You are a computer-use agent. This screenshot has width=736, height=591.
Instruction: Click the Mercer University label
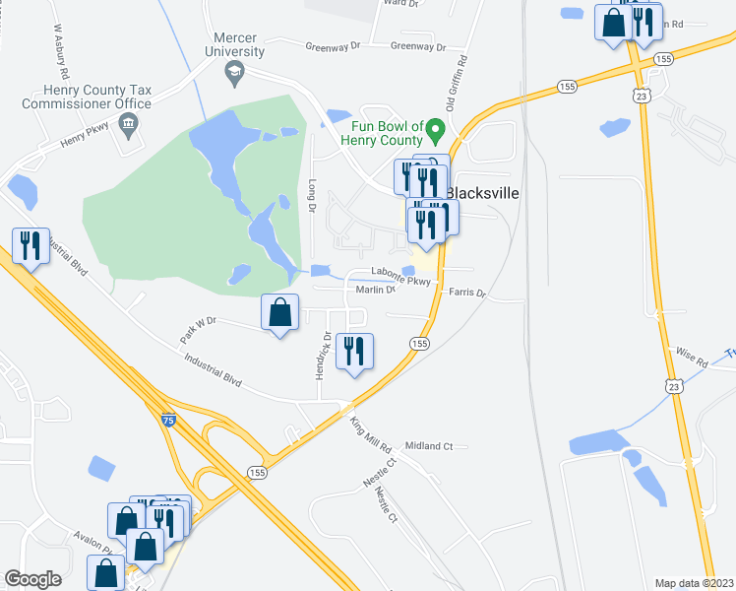tap(233, 43)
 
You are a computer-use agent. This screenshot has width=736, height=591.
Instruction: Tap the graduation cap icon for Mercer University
tap(234, 71)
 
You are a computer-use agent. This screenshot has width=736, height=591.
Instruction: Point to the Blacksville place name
tap(482, 193)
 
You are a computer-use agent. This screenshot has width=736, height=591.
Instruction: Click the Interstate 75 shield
tap(167, 421)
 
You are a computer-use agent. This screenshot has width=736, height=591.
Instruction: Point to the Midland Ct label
tap(428, 446)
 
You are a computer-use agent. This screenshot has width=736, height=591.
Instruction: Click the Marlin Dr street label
tap(374, 290)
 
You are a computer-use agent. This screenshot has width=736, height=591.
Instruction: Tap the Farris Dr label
tap(467, 293)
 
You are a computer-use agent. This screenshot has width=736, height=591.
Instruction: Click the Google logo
tap(33, 579)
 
